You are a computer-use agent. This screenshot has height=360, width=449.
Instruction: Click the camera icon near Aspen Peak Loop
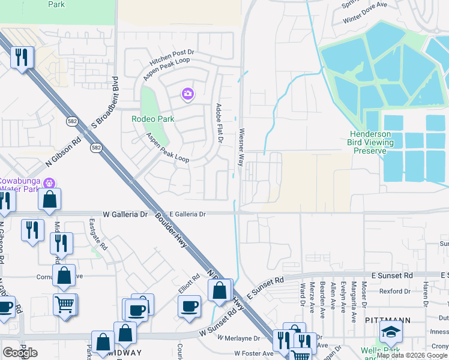click(x=188, y=94)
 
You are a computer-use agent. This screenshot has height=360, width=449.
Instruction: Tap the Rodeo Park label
click(x=153, y=119)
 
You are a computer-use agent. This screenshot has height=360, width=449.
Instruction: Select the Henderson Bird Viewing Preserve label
click(x=370, y=142)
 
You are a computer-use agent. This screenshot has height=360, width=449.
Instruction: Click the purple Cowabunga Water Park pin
click(x=50, y=182)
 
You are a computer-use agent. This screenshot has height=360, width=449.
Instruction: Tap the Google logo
click(x=20, y=352)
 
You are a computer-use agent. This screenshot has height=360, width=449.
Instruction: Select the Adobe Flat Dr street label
click(x=219, y=123)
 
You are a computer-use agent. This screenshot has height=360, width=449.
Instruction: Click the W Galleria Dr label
click(x=125, y=214)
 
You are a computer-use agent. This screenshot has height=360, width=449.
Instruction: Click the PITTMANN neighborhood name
click(x=387, y=321)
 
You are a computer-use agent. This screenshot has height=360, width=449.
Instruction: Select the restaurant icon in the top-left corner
click(x=22, y=58)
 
